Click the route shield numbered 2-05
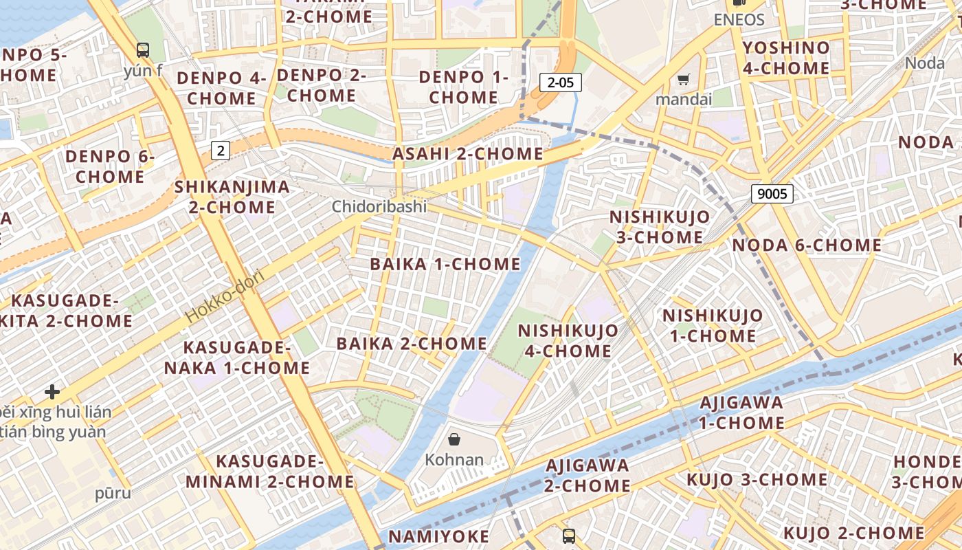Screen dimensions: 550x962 click(x=560, y=83)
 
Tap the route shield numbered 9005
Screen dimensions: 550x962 click(x=772, y=194)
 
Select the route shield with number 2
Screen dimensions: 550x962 click(x=220, y=150)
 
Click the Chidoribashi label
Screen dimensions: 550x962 click(x=379, y=206)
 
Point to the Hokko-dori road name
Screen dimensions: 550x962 click(x=225, y=295)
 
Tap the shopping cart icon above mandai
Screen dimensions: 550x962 click(x=683, y=80)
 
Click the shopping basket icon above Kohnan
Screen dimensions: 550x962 click(x=454, y=439)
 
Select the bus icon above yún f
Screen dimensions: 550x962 click(x=143, y=50)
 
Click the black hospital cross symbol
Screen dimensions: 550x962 click(x=52, y=392)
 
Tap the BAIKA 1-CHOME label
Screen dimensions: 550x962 click(x=445, y=264)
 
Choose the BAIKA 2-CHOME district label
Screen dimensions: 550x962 click(x=412, y=344)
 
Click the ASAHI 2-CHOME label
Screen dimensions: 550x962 click(x=467, y=154)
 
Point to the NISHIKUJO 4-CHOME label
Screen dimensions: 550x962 click(x=568, y=341)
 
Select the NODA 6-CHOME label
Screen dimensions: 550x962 click(x=807, y=245)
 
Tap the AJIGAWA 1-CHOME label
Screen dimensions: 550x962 click(x=741, y=412)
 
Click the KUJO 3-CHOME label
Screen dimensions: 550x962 click(x=757, y=479)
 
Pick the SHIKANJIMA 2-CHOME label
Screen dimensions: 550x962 click(x=232, y=197)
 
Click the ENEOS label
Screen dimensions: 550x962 click(x=739, y=19)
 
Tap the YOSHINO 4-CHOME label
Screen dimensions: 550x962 click(x=786, y=58)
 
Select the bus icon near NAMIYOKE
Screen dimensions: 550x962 click(x=569, y=536)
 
